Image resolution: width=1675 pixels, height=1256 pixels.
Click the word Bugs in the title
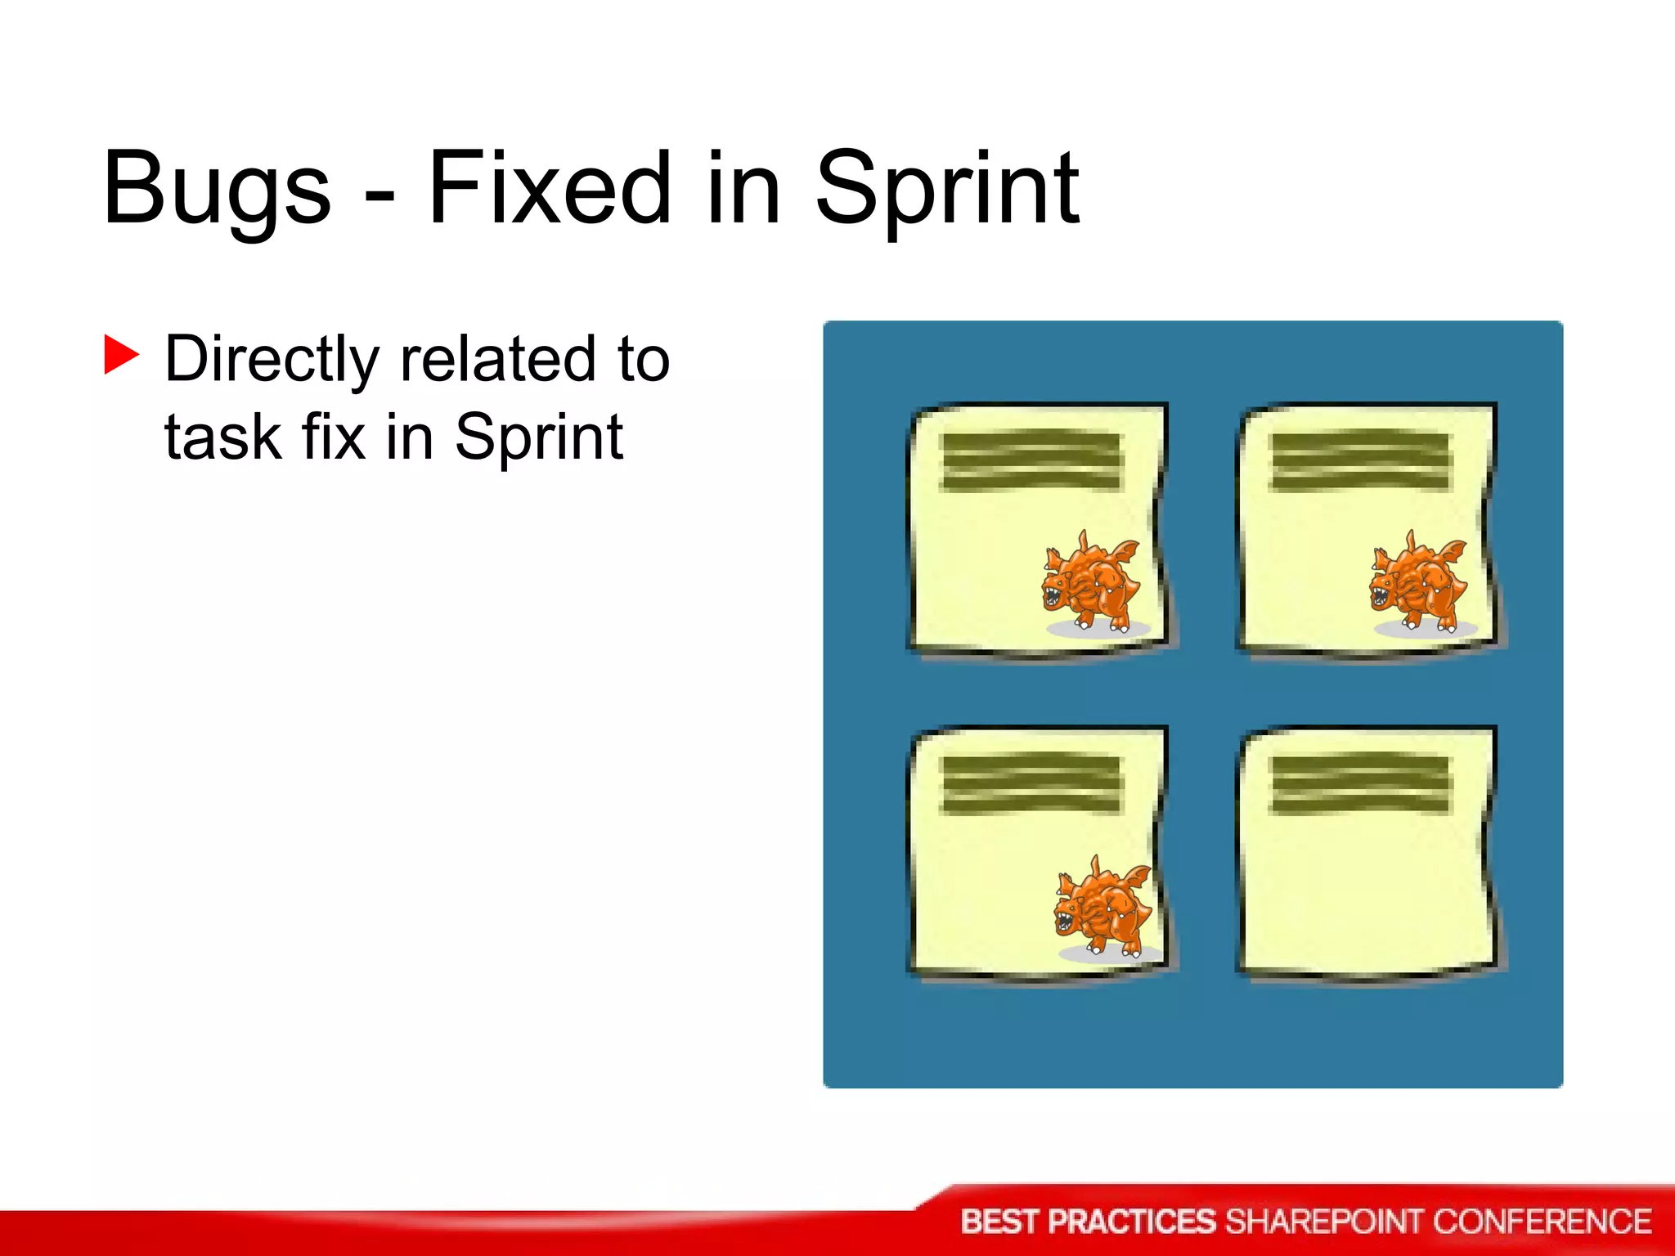[x=217, y=188]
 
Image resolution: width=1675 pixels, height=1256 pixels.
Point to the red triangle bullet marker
[x=121, y=355]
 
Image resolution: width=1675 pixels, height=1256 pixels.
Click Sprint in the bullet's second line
[x=539, y=438]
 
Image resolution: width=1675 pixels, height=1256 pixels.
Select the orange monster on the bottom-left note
[x=1103, y=908]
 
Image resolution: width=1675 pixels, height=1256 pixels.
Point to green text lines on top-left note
[x=1032, y=461]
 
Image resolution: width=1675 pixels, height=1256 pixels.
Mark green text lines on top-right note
[x=1359, y=461]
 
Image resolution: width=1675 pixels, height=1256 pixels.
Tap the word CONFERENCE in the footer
[x=1542, y=1222]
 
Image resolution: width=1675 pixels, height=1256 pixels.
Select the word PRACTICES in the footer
[x=1132, y=1222]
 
